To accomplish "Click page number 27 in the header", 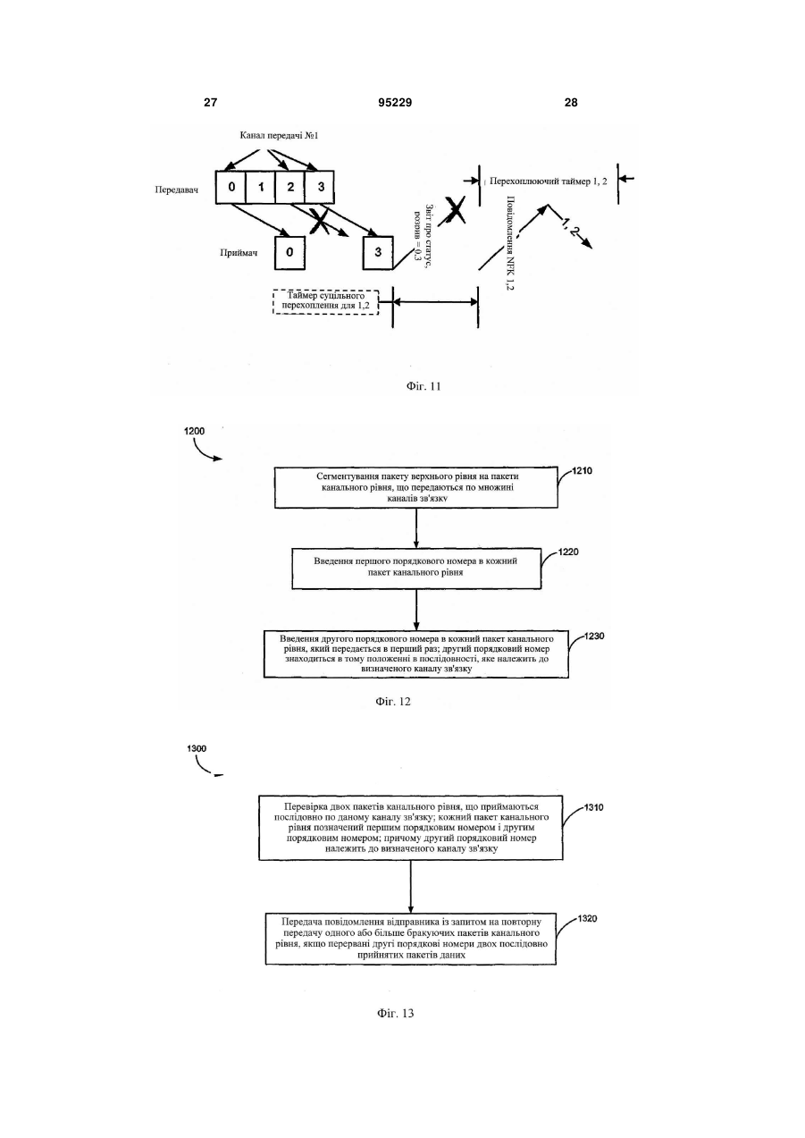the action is point(210,103).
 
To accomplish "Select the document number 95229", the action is point(395,103).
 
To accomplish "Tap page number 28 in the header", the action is point(571,103).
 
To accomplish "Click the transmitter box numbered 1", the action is point(261,187).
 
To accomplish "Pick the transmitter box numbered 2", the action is point(290,187).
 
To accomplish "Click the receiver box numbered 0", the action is point(289,252).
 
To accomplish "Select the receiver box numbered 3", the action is point(378,252).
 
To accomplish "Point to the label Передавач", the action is point(176,190).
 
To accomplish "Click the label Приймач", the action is point(239,252).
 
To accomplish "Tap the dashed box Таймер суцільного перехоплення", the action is point(325,302).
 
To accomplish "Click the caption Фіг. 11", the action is point(423,386).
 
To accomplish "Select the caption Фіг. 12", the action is point(393,702).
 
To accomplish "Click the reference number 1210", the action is point(582,471).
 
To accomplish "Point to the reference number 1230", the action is point(594,636).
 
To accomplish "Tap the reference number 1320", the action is point(587,918).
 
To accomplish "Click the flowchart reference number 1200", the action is point(194,431).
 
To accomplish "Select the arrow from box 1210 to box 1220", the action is point(416,527).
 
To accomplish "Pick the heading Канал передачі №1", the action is point(279,136).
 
